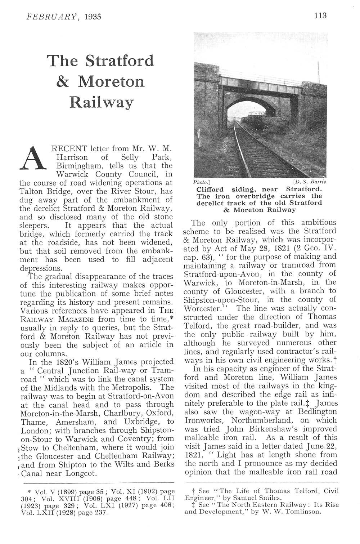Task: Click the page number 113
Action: pyautogui.click(x=320, y=15)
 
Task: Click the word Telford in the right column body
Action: pyautogui.click(x=198, y=326)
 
